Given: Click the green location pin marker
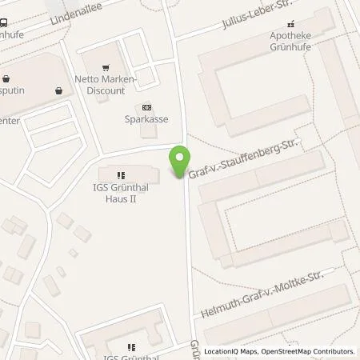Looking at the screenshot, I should (x=180, y=163).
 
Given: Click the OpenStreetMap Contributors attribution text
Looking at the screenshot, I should (x=311, y=351).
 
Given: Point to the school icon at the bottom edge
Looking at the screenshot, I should (x=131, y=347).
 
